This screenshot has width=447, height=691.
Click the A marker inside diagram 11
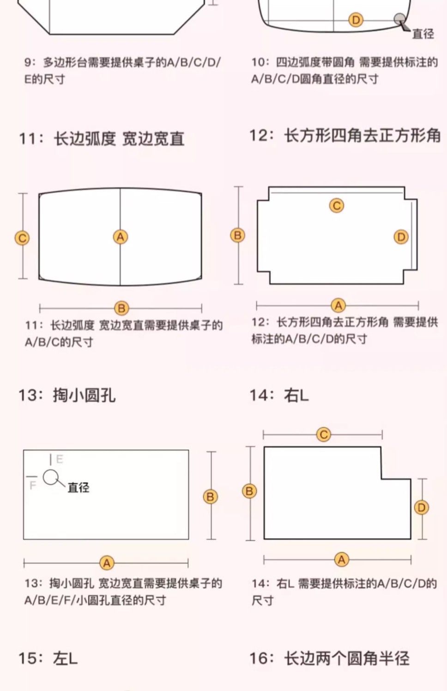pos(120,237)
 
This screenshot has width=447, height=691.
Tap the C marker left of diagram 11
pos(22,238)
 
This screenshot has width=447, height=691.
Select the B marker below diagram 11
pos(121,308)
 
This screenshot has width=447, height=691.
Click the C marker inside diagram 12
pos(337,205)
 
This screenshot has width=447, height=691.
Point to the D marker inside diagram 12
pos(401,237)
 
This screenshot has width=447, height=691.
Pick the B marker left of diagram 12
pos(237,235)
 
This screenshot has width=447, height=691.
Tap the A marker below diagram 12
pos(338,305)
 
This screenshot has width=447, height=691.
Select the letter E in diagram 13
pos(60,459)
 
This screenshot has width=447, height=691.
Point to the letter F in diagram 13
pos(32,486)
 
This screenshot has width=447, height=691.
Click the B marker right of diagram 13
pos(211,497)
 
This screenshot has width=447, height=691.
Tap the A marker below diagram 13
pos(107,563)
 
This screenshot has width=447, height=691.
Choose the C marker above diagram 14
pos(323,435)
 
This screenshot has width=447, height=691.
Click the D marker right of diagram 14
pos(421,507)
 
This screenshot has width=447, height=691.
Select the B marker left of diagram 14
pos(250,491)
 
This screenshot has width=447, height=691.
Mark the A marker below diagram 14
pos(341,559)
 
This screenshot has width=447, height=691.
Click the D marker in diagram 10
pos(356,20)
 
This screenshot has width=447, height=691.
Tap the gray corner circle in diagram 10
pos(399,19)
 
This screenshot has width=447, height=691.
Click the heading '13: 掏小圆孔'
pos(67,395)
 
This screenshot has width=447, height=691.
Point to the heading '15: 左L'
pos(48,658)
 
